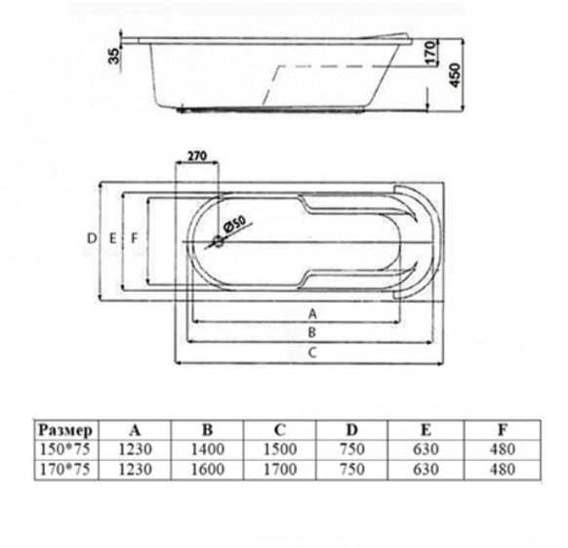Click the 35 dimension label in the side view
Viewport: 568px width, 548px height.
coord(114,56)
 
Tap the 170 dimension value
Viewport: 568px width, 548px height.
coord(430,53)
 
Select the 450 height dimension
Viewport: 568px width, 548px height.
coord(456,75)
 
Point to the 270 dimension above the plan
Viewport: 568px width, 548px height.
coord(197,155)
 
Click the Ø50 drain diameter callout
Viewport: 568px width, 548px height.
coord(235,224)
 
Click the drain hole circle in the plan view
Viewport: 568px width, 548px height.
coord(219,241)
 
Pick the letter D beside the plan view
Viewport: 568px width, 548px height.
coord(92,238)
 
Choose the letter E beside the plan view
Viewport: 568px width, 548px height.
coord(113,238)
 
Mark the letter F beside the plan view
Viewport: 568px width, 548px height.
coord(135,238)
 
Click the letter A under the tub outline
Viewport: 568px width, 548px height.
coord(312,315)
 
